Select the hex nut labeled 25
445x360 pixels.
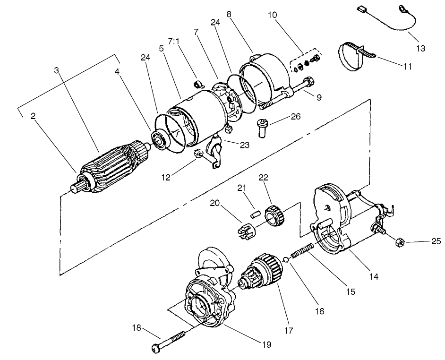coord(398,242)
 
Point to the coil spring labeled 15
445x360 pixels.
coord(303,250)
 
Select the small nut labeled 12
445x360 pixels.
coord(199,154)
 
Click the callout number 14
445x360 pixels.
coord(374,276)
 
